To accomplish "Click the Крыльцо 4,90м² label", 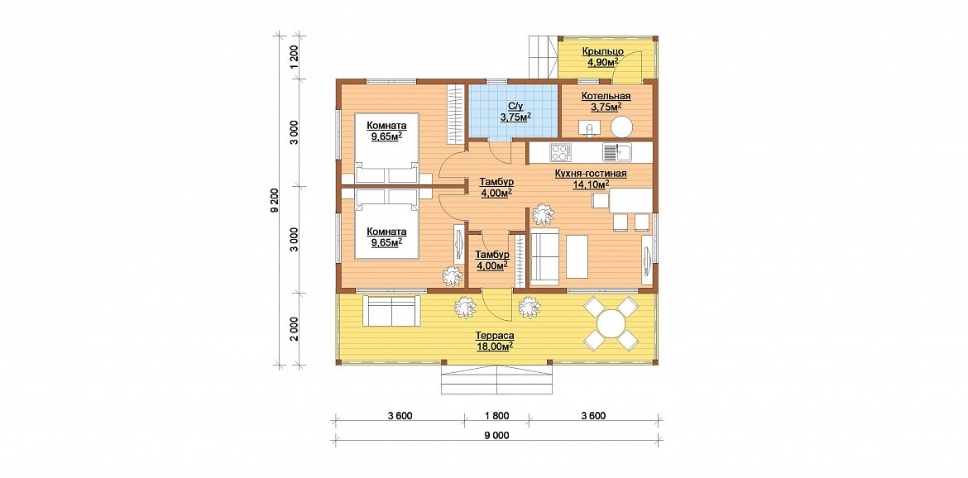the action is tap(603, 56).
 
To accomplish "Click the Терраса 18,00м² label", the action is tap(495, 341).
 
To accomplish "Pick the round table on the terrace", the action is tap(611, 323).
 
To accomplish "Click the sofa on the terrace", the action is tap(391, 311).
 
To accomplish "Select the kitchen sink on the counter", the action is tap(616, 151).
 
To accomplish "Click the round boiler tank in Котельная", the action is tap(621, 127).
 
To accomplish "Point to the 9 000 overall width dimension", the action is tap(497, 435).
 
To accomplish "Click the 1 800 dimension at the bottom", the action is tap(497, 416).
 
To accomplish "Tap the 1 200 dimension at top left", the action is tap(295, 56).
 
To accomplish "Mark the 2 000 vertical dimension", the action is tap(295, 329).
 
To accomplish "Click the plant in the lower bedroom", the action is tap(453, 275).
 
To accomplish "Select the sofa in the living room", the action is tap(544, 256).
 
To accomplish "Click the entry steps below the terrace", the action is tap(496, 379).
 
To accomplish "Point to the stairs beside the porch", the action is tap(544, 57).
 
